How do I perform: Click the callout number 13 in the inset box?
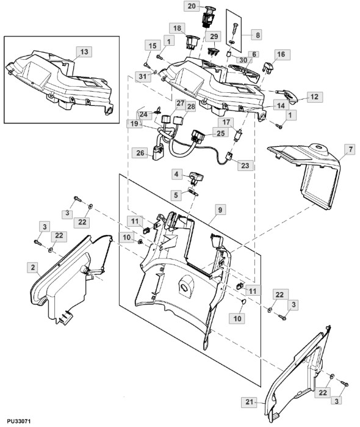[84, 51]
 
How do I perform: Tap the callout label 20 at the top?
[192, 6]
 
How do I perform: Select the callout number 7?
[350, 149]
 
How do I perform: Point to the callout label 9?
[220, 210]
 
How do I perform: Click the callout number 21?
[249, 402]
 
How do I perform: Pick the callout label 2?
[33, 268]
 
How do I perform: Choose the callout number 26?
[140, 153]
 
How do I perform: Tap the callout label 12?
[315, 97]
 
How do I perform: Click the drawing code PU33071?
[19, 422]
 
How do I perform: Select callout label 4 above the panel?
[176, 173]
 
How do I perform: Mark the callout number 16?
[281, 54]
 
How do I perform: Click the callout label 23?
[245, 166]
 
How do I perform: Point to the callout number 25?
[220, 133]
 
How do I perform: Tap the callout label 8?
[257, 35]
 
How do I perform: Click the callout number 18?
[177, 28]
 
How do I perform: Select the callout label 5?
[176, 195]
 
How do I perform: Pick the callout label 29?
[214, 36]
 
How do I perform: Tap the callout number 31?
[143, 76]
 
